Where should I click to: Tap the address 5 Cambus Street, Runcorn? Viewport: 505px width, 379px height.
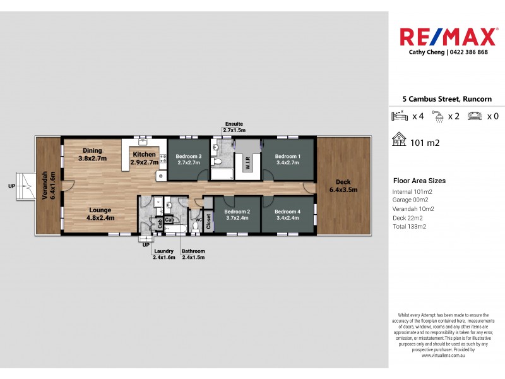coord(447,99)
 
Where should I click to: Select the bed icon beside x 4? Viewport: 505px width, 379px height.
coord(400,116)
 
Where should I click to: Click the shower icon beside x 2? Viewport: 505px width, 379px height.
coord(437,116)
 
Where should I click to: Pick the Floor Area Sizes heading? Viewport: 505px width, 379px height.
coord(420,180)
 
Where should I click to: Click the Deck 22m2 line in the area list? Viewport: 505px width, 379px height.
coord(409,217)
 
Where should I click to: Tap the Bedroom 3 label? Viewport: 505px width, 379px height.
coord(189,157)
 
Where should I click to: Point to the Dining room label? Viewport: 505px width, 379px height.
coord(92,150)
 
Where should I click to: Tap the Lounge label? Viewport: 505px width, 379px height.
coord(100,210)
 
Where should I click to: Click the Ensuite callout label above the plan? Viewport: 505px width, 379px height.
coord(233,124)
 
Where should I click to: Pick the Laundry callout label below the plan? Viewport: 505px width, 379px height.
coord(163,251)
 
